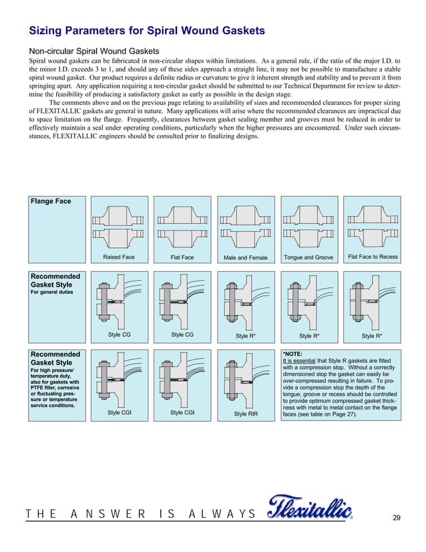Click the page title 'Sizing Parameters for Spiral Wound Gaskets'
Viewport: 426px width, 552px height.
(147, 31)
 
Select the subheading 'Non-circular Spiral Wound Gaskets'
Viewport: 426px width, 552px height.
(93, 51)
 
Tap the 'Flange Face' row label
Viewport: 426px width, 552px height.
(50, 201)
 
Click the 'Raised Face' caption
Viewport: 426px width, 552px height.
(119, 257)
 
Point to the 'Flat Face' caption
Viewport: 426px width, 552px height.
(182, 257)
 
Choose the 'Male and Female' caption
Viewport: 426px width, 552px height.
(246, 258)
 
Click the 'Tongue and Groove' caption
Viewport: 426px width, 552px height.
(308, 257)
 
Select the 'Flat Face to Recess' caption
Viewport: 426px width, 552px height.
(371, 257)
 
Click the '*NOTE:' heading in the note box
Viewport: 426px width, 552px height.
(293, 355)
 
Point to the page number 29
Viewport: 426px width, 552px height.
(397, 519)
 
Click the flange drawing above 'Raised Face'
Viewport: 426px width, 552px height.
(119, 225)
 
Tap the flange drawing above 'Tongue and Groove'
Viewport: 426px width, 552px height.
(308, 225)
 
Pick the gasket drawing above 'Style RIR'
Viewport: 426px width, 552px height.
(246, 381)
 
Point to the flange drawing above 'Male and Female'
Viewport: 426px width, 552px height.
(246, 225)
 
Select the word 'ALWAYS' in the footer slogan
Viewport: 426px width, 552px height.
(223, 513)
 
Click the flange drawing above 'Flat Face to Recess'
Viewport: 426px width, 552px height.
(371, 225)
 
